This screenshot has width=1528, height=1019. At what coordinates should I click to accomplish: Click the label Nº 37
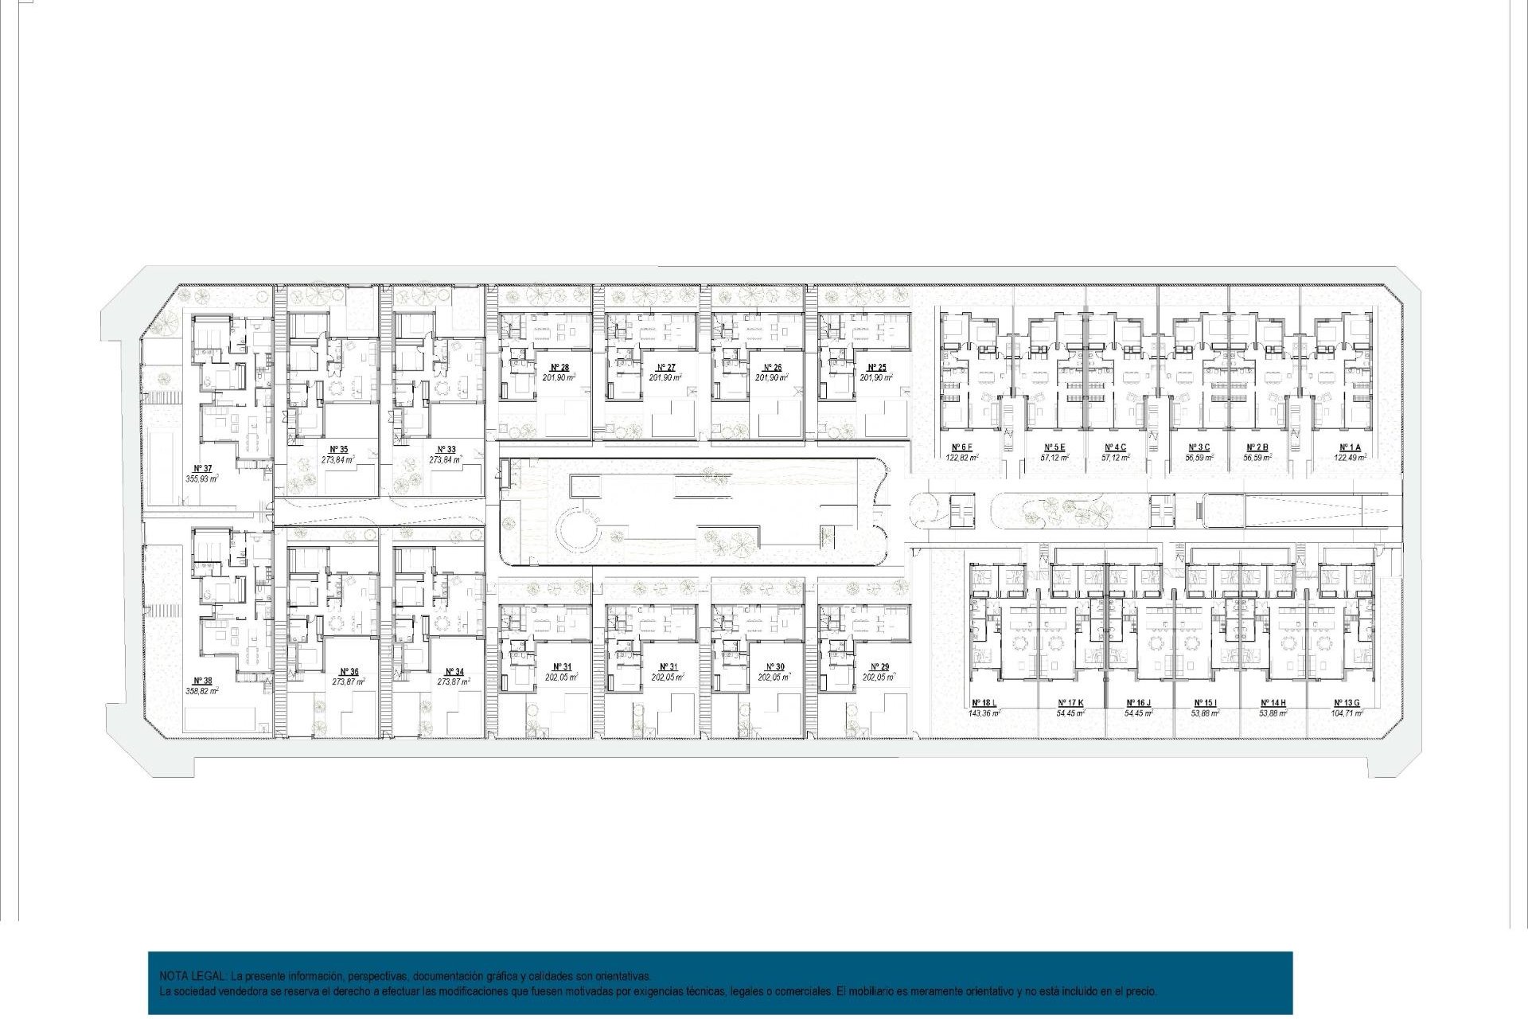(x=203, y=469)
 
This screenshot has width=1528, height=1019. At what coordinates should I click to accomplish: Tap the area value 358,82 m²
(x=202, y=692)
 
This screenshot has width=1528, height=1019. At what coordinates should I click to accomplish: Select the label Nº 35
(x=338, y=450)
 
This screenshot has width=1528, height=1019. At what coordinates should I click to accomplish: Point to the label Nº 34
(x=454, y=673)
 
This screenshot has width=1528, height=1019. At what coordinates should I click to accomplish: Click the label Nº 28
(x=559, y=368)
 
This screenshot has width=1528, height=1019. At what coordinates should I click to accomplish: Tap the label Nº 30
(x=774, y=667)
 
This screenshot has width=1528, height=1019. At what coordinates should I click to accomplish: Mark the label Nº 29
(x=879, y=667)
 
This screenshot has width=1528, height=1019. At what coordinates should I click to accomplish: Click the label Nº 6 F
(x=962, y=447)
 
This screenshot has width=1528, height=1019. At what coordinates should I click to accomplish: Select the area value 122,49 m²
(x=1350, y=458)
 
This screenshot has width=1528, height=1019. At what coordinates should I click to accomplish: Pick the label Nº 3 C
(x=1199, y=447)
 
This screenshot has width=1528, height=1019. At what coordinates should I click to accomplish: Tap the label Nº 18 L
(x=984, y=704)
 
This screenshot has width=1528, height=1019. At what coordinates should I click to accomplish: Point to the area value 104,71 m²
(x=1347, y=714)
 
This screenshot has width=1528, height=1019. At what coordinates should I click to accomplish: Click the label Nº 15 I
(x=1205, y=704)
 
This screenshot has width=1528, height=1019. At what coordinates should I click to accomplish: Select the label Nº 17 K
(x=1070, y=704)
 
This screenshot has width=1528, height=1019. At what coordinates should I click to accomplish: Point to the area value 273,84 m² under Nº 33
(x=446, y=460)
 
